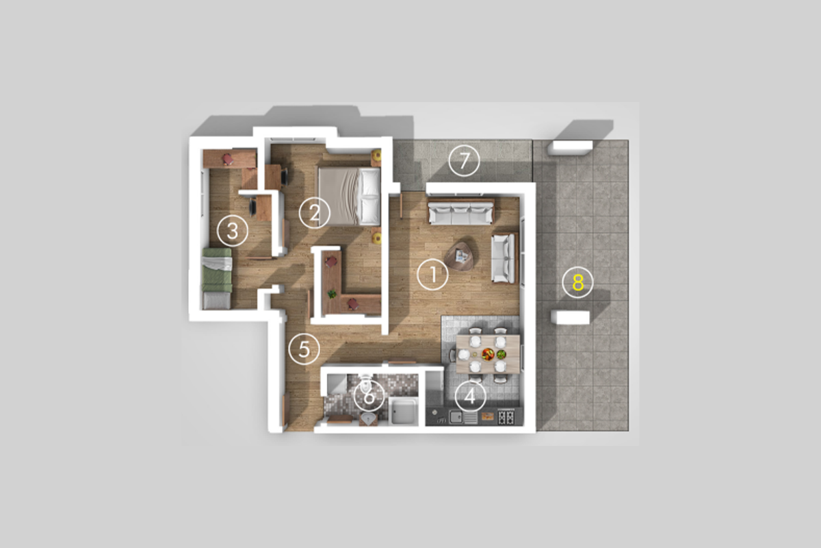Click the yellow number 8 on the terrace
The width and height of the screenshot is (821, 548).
(x=577, y=283)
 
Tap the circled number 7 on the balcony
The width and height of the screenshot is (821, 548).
(x=465, y=160)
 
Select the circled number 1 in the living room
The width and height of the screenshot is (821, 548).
(x=433, y=275)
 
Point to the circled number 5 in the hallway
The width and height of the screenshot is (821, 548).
(x=304, y=349)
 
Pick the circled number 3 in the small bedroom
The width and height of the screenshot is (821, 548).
(x=233, y=231)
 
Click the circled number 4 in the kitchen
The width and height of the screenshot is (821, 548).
(x=470, y=397)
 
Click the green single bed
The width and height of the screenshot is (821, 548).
(x=218, y=278)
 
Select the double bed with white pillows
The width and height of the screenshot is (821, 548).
(x=349, y=196)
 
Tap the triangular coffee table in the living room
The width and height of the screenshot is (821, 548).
(x=460, y=255)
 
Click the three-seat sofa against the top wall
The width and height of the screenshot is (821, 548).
(x=461, y=212)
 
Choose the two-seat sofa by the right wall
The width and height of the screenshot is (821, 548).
(x=504, y=258)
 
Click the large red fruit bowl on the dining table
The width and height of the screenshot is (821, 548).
(x=488, y=354)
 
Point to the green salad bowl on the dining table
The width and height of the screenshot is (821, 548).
(x=501, y=354)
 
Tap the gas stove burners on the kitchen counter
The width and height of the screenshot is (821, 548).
(x=506, y=417)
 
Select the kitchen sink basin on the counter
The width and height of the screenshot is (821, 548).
(x=456, y=417)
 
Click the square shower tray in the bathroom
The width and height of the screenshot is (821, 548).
(x=404, y=411)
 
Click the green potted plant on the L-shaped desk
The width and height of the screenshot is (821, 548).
(x=332, y=294)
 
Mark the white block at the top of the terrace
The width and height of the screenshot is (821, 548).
(x=570, y=147)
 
